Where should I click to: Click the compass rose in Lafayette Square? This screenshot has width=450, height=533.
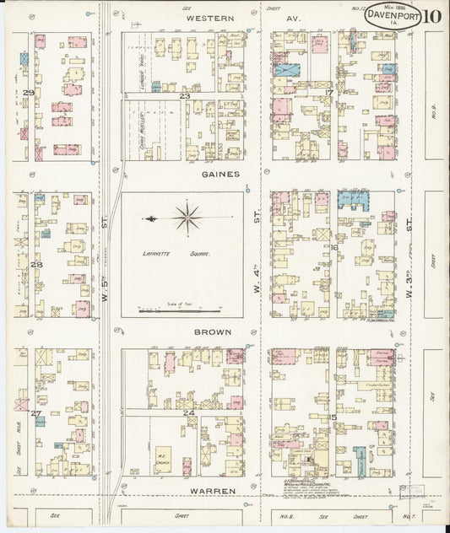pyautogui.click(x=187, y=218)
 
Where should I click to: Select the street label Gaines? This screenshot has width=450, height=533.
pyautogui.click(x=220, y=174)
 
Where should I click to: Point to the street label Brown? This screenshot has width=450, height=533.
pyautogui.click(x=214, y=332)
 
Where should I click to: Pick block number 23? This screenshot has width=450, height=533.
pyautogui.click(x=184, y=96)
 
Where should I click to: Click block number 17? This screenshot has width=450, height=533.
pyautogui.click(x=329, y=93)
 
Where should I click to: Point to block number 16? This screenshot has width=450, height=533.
pyautogui.click(x=334, y=247)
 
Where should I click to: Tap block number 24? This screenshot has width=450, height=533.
pyautogui.click(x=189, y=413)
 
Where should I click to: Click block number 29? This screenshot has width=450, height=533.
pyautogui.click(x=29, y=93)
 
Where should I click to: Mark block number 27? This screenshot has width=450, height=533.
pyautogui.click(x=35, y=413)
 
